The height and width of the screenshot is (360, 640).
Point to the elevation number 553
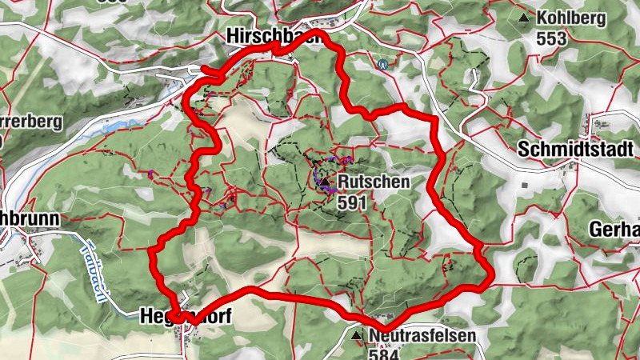coord(552,38)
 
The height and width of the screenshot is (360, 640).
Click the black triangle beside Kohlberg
coord(524,17)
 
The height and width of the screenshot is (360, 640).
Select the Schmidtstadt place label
coord(576,150)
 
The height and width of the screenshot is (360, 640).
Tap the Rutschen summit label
coord(373,182)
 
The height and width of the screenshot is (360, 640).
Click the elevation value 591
coord(352,203)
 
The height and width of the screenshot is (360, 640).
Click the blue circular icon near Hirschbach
coord(384,65)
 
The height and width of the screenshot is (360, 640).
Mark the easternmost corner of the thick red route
coord(490,281)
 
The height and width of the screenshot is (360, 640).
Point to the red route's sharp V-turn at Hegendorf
coord(190,321)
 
